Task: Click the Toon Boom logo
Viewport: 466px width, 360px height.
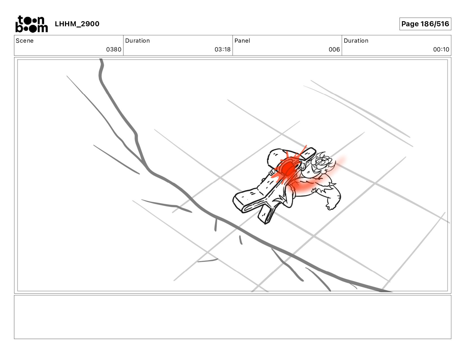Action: [x=32, y=24]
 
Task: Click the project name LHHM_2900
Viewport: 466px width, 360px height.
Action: [x=77, y=24]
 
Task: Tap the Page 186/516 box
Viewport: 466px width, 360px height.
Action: [x=425, y=24]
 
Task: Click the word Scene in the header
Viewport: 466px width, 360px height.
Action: [x=25, y=41]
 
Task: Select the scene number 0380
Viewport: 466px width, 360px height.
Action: [x=114, y=49]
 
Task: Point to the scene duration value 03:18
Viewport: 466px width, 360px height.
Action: [x=222, y=49]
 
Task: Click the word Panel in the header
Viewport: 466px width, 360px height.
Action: [x=242, y=41]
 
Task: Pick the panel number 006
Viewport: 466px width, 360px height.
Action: [x=334, y=49]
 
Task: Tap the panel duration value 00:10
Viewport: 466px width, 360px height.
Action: [x=441, y=49]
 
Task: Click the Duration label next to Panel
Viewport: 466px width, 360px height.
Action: [x=356, y=41]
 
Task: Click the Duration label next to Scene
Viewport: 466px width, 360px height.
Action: [x=138, y=41]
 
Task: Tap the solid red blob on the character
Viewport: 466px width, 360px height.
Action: [x=288, y=168]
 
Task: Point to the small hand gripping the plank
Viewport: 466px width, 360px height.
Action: [x=273, y=172]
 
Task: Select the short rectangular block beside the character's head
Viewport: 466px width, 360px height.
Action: [x=307, y=154]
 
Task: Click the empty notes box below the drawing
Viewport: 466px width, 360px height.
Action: [x=233, y=317]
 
